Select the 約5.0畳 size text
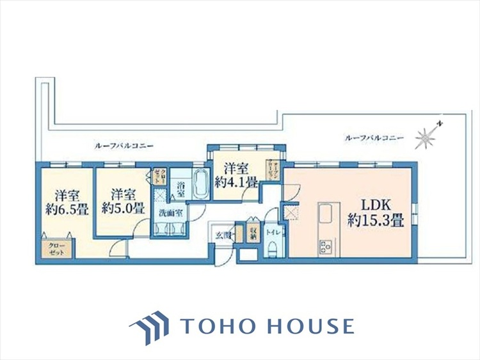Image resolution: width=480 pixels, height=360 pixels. click(122, 209)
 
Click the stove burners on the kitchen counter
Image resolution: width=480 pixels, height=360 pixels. click(323, 246)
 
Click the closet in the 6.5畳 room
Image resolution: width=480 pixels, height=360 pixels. click(56, 249)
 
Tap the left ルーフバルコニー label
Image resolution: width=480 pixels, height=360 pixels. click(124, 146)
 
